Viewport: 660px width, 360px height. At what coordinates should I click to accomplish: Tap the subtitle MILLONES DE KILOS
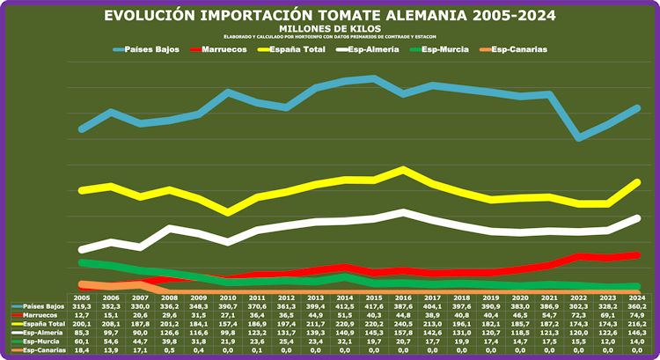[x=330, y=28]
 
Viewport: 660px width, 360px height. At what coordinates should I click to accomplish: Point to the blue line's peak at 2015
[x=374, y=77]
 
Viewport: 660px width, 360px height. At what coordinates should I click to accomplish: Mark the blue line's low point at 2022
[x=578, y=138]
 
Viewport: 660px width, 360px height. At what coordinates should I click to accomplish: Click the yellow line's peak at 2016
[x=403, y=169]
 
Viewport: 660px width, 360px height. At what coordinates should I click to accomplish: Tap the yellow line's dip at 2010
[x=229, y=213]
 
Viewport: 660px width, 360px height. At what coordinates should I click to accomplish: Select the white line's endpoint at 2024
[x=636, y=217]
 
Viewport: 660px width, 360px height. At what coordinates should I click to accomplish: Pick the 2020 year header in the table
[x=520, y=298]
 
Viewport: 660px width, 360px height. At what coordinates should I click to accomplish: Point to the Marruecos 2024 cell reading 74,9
[x=636, y=315]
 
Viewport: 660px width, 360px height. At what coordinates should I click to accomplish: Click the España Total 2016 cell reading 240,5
[x=403, y=324]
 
